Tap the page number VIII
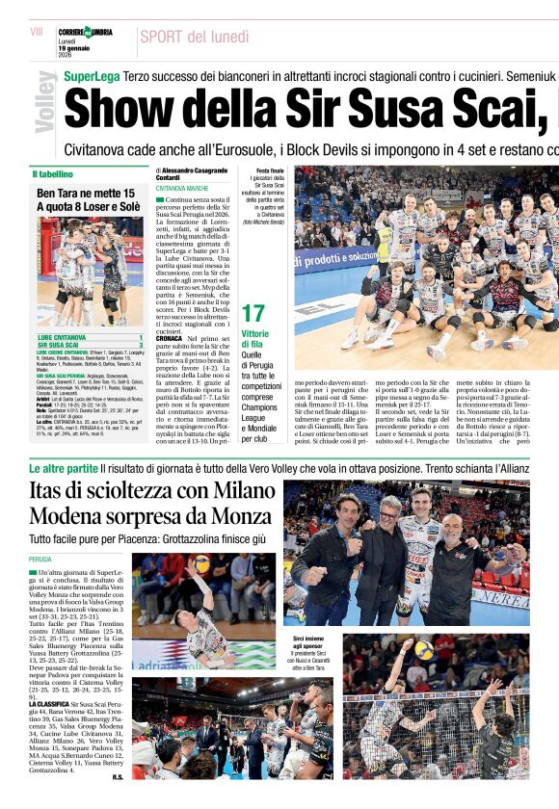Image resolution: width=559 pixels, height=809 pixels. click(37, 32)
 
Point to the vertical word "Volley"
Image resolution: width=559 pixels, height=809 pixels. click(43, 103)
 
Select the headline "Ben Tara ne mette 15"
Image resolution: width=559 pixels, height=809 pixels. click(85, 194)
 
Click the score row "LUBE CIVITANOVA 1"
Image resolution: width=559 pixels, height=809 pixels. click(89, 337)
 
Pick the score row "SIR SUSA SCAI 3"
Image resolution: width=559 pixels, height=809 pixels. click(89, 345)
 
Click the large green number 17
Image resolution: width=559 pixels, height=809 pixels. click(253, 313)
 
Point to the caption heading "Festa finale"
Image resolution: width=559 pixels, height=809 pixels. click(269, 170)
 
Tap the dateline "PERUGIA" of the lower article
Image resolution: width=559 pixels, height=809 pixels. click(40, 559)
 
